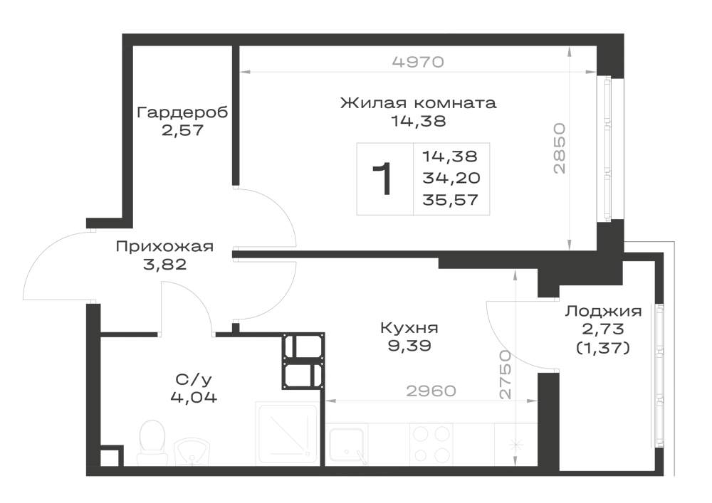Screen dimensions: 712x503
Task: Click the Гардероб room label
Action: (x=182, y=112)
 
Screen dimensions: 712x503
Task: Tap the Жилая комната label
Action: (x=418, y=102)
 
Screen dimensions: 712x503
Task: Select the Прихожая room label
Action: (x=164, y=246)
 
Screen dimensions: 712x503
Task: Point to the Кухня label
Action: (x=409, y=327)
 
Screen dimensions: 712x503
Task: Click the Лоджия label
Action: (x=603, y=312)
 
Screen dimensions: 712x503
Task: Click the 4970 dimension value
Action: (x=418, y=61)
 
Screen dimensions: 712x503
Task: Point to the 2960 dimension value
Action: (x=431, y=391)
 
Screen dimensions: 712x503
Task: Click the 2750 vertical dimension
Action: (x=505, y=375)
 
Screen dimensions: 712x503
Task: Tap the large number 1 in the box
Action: (x=382, y=179)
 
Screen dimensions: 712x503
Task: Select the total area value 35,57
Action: (x=451, y=200)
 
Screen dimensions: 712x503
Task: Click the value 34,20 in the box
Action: (x=451, y=178)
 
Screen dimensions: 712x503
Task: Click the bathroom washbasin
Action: (x=192, y=451)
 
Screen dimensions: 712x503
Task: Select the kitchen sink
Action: (x=347, y=444)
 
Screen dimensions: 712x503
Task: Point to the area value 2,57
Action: (x=182, y=131)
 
